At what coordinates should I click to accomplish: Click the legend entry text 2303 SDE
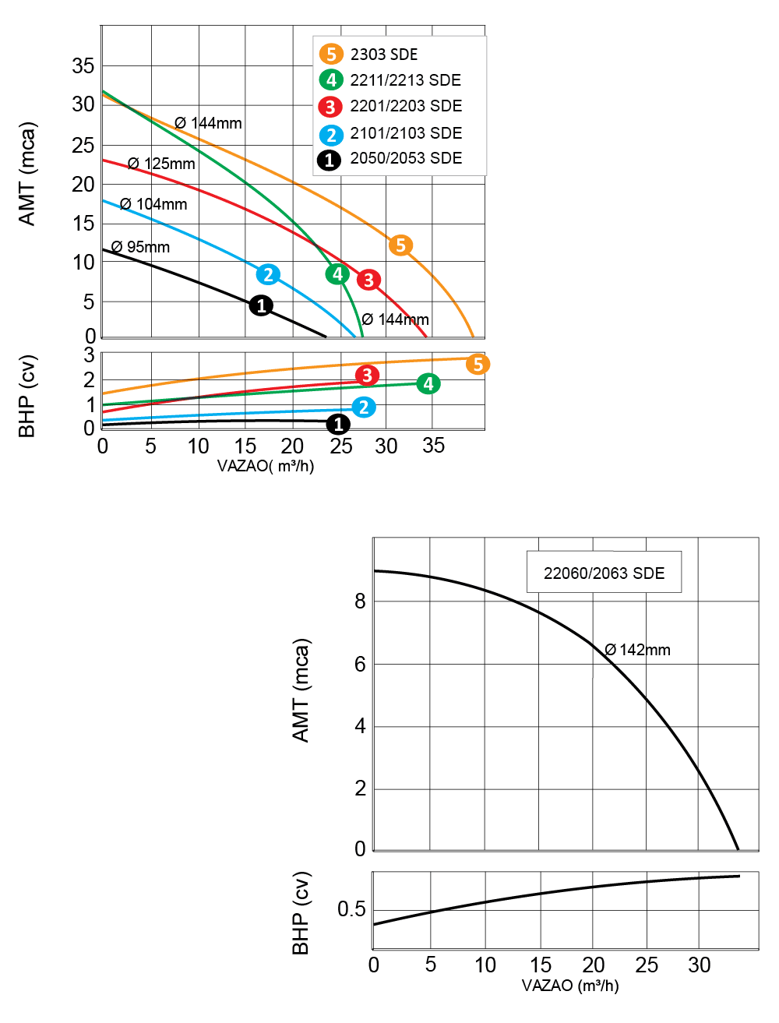[383, 55]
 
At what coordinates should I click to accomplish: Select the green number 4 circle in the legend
[331, 80]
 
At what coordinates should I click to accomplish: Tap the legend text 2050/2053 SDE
[406, 158]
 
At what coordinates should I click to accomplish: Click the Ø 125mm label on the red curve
[161, 164]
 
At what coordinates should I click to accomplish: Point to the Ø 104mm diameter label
[153, 204]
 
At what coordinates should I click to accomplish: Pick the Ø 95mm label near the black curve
[140, 246]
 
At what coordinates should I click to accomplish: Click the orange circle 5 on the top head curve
[400, 245]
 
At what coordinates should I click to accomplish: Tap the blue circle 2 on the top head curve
[268, 274]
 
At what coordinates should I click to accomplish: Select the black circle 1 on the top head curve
[261, 305]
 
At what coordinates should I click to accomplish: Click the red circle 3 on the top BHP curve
[367, 376]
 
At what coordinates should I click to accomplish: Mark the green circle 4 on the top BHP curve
[428, 384]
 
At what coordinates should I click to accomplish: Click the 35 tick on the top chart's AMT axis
[83, 65]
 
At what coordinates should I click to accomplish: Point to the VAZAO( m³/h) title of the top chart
[266, 466]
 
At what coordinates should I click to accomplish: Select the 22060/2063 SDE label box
[604, 572]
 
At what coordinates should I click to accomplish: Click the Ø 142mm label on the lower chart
[637, 650]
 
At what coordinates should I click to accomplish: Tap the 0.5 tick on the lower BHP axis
[351, 909]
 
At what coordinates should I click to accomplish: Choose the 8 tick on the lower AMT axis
[360, 601]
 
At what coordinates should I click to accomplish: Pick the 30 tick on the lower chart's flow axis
[699, 965]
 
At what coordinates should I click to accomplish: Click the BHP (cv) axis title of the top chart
[26, 397]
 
